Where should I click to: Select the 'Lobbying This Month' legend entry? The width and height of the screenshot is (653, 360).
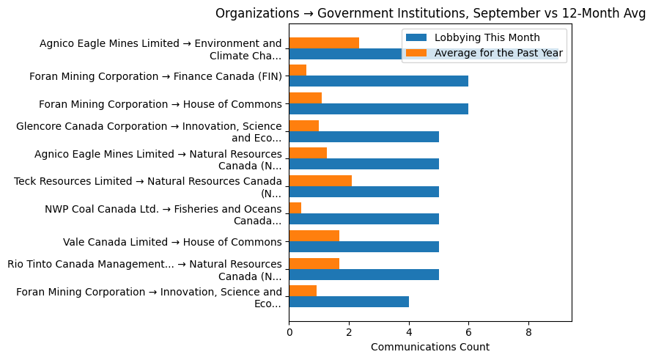click(487, 38)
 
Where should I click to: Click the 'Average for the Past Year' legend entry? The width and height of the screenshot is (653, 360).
click(498, 53)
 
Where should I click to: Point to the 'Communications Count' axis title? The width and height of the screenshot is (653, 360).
click(430, 347)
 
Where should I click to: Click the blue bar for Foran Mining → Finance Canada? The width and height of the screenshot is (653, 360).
click(378, 81)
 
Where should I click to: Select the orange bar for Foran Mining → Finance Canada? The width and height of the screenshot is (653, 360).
click(298, 70)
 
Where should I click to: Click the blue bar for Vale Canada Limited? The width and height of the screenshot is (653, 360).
click(364, 247)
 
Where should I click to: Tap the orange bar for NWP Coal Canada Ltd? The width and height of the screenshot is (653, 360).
click(295, 208)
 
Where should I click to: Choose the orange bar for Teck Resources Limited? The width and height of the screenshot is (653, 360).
click(320, 180)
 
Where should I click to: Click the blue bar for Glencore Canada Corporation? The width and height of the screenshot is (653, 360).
click(364, 137)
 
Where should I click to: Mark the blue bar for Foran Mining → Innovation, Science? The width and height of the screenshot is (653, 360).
click(349, 302)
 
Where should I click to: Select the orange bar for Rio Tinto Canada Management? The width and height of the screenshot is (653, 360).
click(314, 263)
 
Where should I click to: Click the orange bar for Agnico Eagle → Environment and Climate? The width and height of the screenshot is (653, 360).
click(324, 43)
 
